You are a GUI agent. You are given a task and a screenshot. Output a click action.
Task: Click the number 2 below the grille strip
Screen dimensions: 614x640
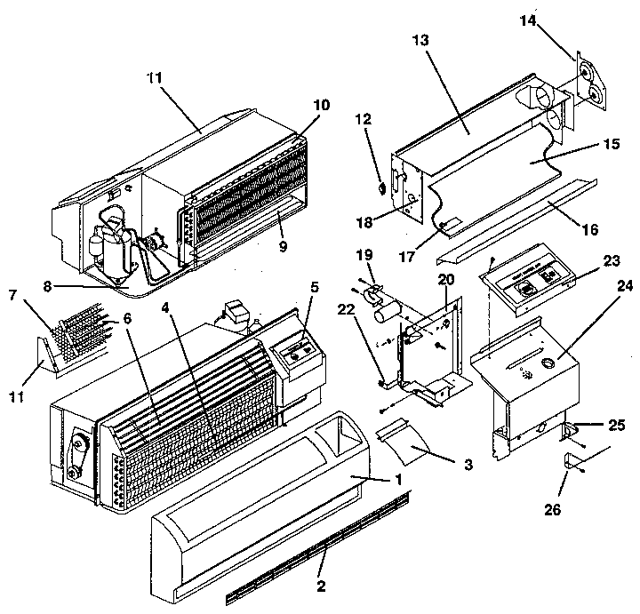[320, 586]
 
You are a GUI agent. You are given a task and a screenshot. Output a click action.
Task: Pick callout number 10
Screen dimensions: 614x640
[296, 104]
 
